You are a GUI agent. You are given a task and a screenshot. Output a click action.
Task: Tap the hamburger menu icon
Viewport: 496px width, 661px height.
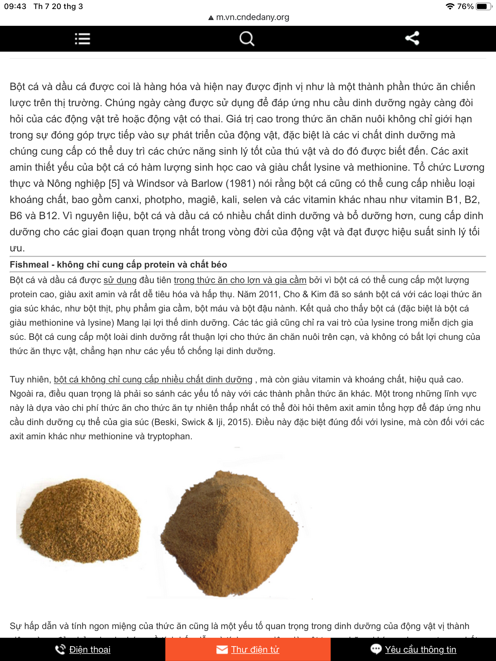pos(82,39)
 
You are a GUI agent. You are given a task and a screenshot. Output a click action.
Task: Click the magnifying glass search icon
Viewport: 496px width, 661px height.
pos(247,39)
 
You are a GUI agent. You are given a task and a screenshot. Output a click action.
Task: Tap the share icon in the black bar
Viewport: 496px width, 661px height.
pos(412,38)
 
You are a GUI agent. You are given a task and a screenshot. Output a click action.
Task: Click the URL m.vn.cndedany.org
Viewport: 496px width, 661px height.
pos(252,17)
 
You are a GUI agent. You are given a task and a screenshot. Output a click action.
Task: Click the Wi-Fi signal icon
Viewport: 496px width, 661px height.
pos(449,6)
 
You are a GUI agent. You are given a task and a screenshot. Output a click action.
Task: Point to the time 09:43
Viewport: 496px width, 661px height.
pos(15,6)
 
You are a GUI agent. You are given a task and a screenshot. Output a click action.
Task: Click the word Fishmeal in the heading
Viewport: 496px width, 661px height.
pos(29,265)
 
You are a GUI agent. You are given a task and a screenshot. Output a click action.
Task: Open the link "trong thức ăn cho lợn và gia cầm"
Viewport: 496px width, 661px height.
pos(240,280)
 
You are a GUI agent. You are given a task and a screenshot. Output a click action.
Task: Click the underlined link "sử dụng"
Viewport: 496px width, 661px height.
pos(120,280)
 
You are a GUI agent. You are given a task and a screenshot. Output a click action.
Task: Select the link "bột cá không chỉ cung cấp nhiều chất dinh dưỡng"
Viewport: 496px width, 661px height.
pos(153,380)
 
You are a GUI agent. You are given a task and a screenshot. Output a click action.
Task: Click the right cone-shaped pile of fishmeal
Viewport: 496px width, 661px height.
pos(229,533)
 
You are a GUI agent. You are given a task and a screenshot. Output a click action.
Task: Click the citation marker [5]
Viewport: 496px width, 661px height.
pos(114,184)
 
